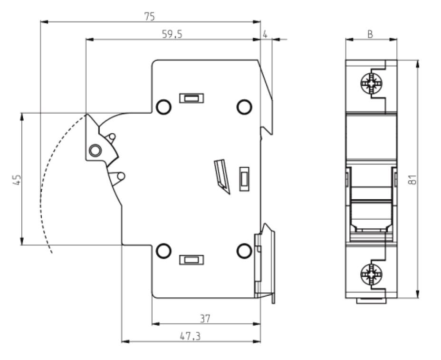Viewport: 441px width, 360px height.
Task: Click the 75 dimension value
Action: point(150,17)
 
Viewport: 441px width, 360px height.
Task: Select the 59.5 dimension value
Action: point(172,34)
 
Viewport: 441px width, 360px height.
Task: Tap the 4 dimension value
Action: point(265,34)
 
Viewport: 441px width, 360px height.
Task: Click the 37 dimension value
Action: point(205,319)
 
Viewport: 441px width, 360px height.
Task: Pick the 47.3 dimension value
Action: point(190,336)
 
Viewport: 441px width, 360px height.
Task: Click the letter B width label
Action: point(370,34)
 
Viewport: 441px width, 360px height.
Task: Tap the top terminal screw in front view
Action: point(371,84)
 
